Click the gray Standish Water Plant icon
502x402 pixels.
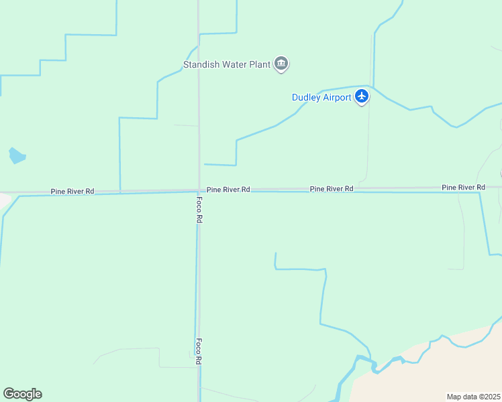pos(281,64)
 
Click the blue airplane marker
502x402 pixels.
pos(362,96)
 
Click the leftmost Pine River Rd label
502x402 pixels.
pos(72,192)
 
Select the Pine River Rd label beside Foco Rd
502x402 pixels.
pos(228,190)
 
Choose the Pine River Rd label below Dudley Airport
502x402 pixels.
pos(332,190)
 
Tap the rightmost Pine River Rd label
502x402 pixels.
pos(463,187)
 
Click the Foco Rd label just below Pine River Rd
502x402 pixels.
pos(199,210)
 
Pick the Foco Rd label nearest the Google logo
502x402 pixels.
pos(199,351)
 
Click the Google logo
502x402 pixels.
pos(22,394)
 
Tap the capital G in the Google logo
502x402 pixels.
pos(9,394)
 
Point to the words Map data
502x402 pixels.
pos(462,397)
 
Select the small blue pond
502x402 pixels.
pos(17,156)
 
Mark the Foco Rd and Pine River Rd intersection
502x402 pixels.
pos(199,191)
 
